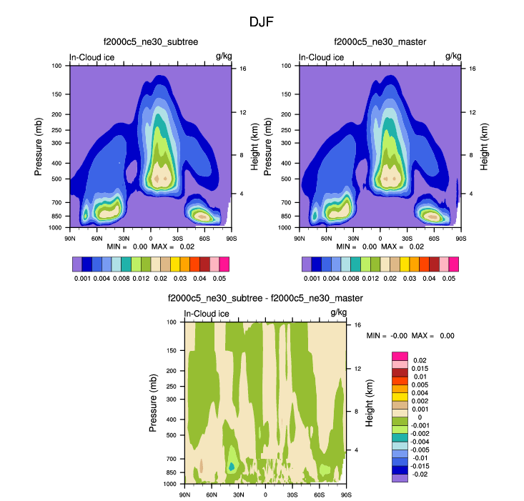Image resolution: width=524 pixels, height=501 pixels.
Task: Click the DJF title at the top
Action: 261,22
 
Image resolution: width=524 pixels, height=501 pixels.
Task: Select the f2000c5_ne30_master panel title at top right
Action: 380,43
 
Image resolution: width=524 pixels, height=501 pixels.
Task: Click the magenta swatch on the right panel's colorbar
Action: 453,264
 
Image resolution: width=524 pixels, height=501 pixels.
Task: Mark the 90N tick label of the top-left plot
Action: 70,238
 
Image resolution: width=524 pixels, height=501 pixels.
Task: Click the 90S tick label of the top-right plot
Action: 461,238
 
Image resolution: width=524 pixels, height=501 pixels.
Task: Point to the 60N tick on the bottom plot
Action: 212,495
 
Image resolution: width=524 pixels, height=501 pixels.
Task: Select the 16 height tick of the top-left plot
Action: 243,69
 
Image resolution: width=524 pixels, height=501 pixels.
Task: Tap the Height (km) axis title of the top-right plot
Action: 483,145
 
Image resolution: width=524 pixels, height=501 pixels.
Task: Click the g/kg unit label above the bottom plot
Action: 337,313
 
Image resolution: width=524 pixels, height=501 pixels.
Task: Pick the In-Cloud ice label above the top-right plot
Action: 321,57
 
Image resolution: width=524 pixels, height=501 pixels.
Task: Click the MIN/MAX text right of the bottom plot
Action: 410,335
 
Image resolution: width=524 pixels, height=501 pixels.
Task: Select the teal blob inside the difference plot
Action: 232,465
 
